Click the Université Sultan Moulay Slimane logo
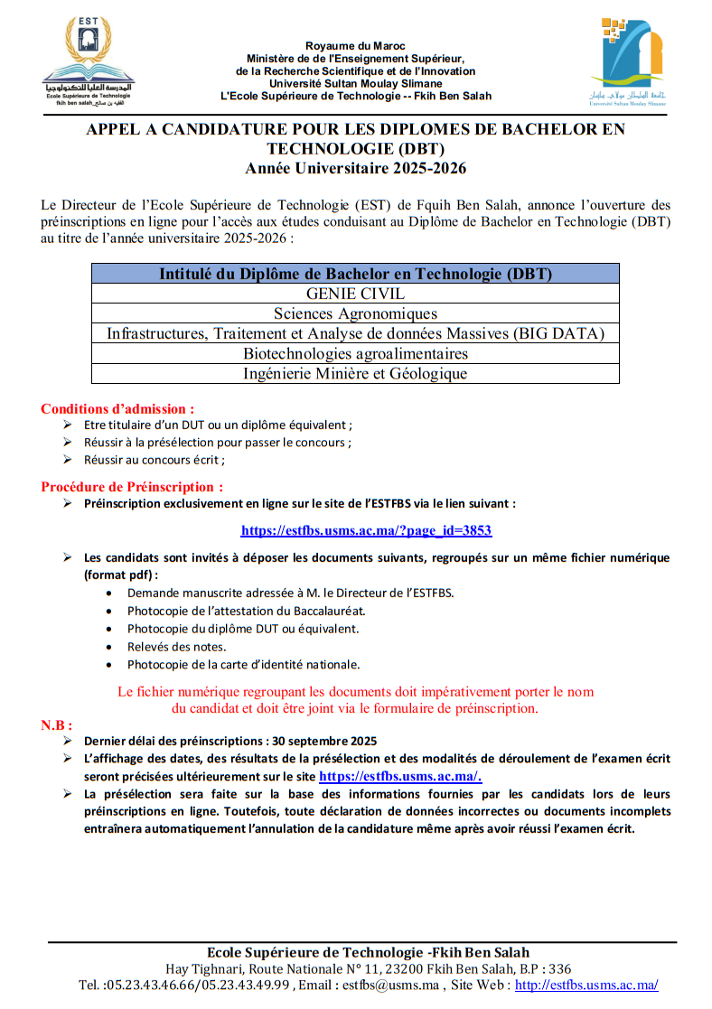point(628,61)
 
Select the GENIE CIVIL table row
point(355,294)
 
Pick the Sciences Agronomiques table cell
point(355,313)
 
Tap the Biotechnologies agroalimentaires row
point(355,353)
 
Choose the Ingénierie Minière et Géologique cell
point(355,373)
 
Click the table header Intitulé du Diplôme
point(355,274)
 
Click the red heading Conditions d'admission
point(117,408)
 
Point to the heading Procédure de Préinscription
point(132,487)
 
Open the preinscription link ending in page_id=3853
point(366,530)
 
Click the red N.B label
point(57,724)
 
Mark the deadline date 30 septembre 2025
point(326,741)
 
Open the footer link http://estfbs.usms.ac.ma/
point(586,985)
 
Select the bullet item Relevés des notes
point(176,647)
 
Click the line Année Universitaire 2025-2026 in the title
point(355,168)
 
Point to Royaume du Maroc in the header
point(355,46)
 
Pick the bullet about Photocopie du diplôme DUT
point(242,629)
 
